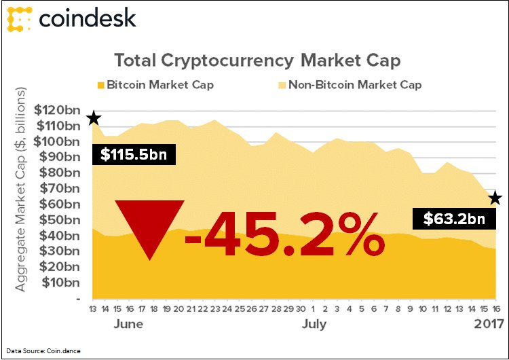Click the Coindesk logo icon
click(19, 18)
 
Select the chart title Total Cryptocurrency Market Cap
click(257, 60)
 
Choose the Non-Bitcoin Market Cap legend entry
click(350, 85)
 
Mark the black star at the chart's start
click(94, 119)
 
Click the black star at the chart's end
click(495, 198)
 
